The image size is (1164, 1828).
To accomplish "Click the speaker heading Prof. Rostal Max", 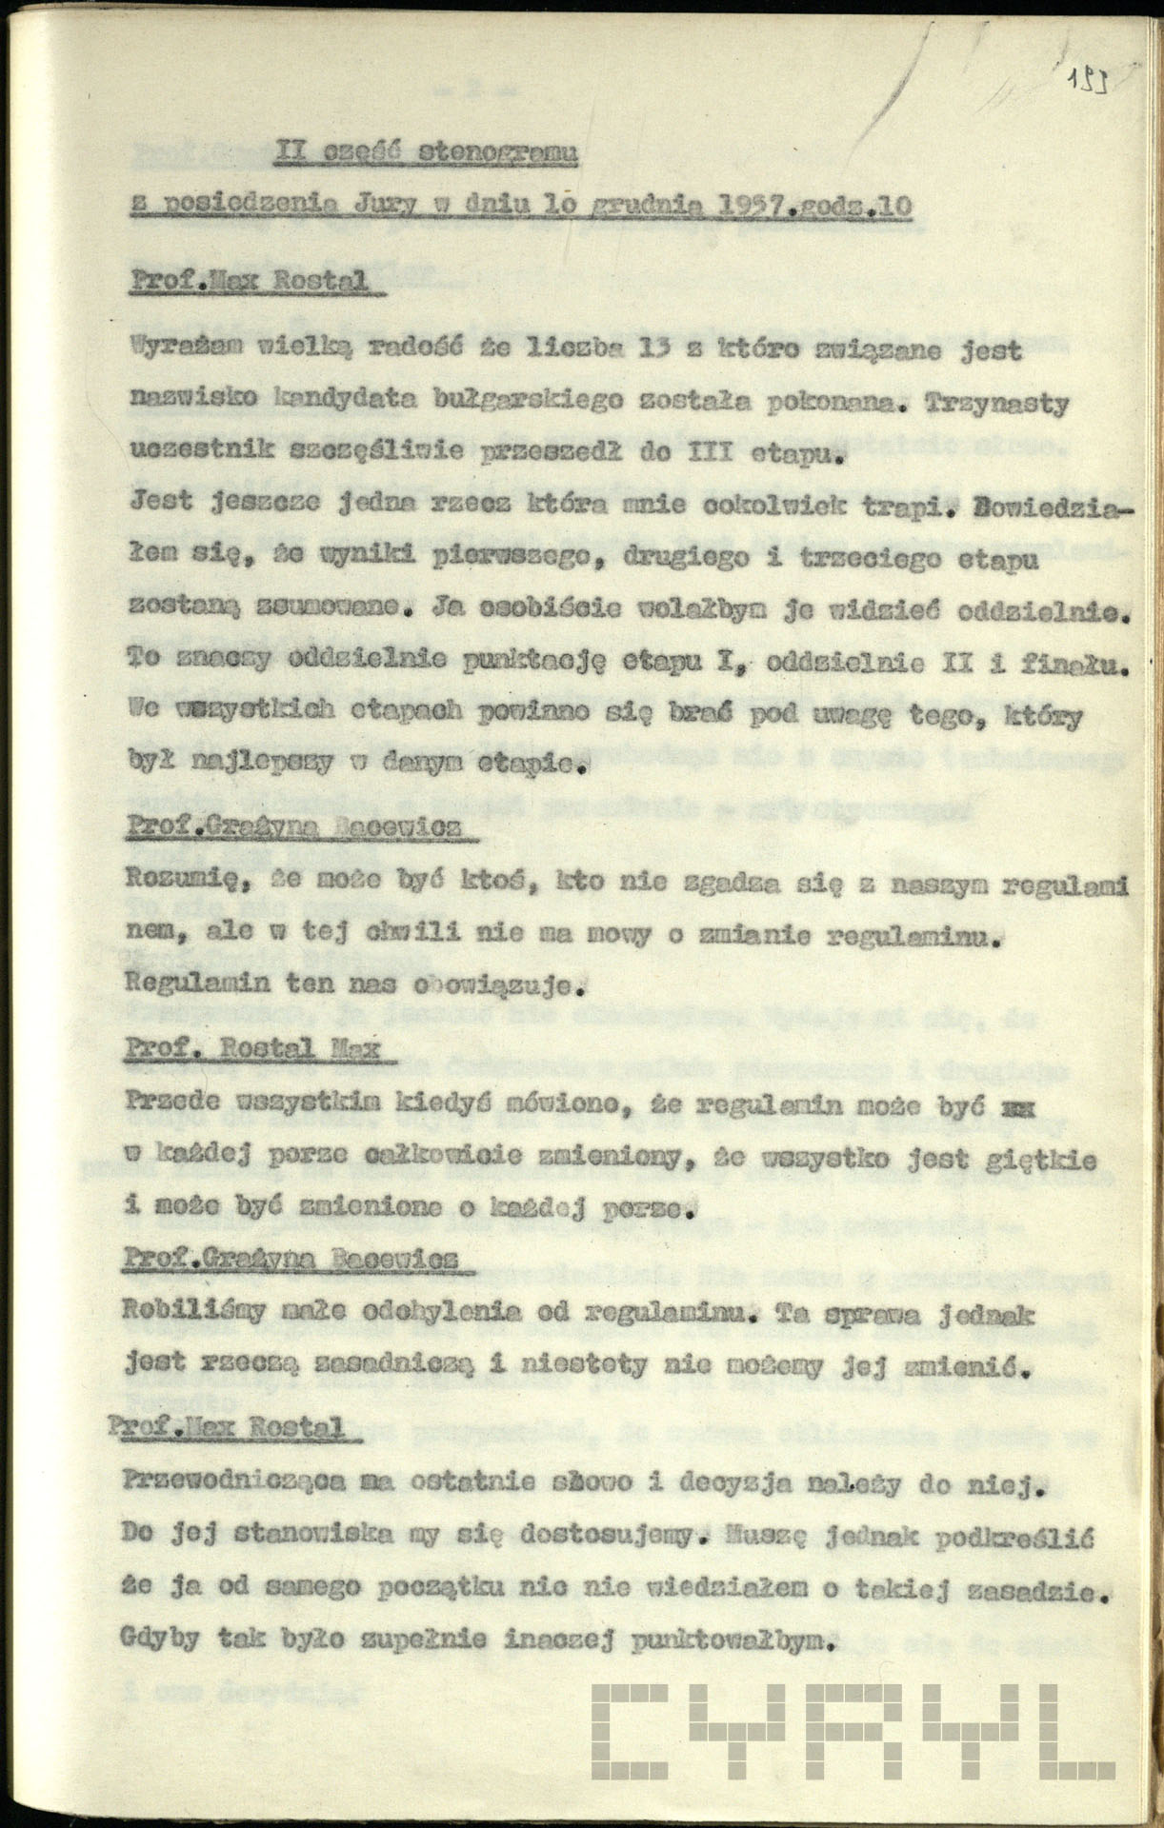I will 252,1050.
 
